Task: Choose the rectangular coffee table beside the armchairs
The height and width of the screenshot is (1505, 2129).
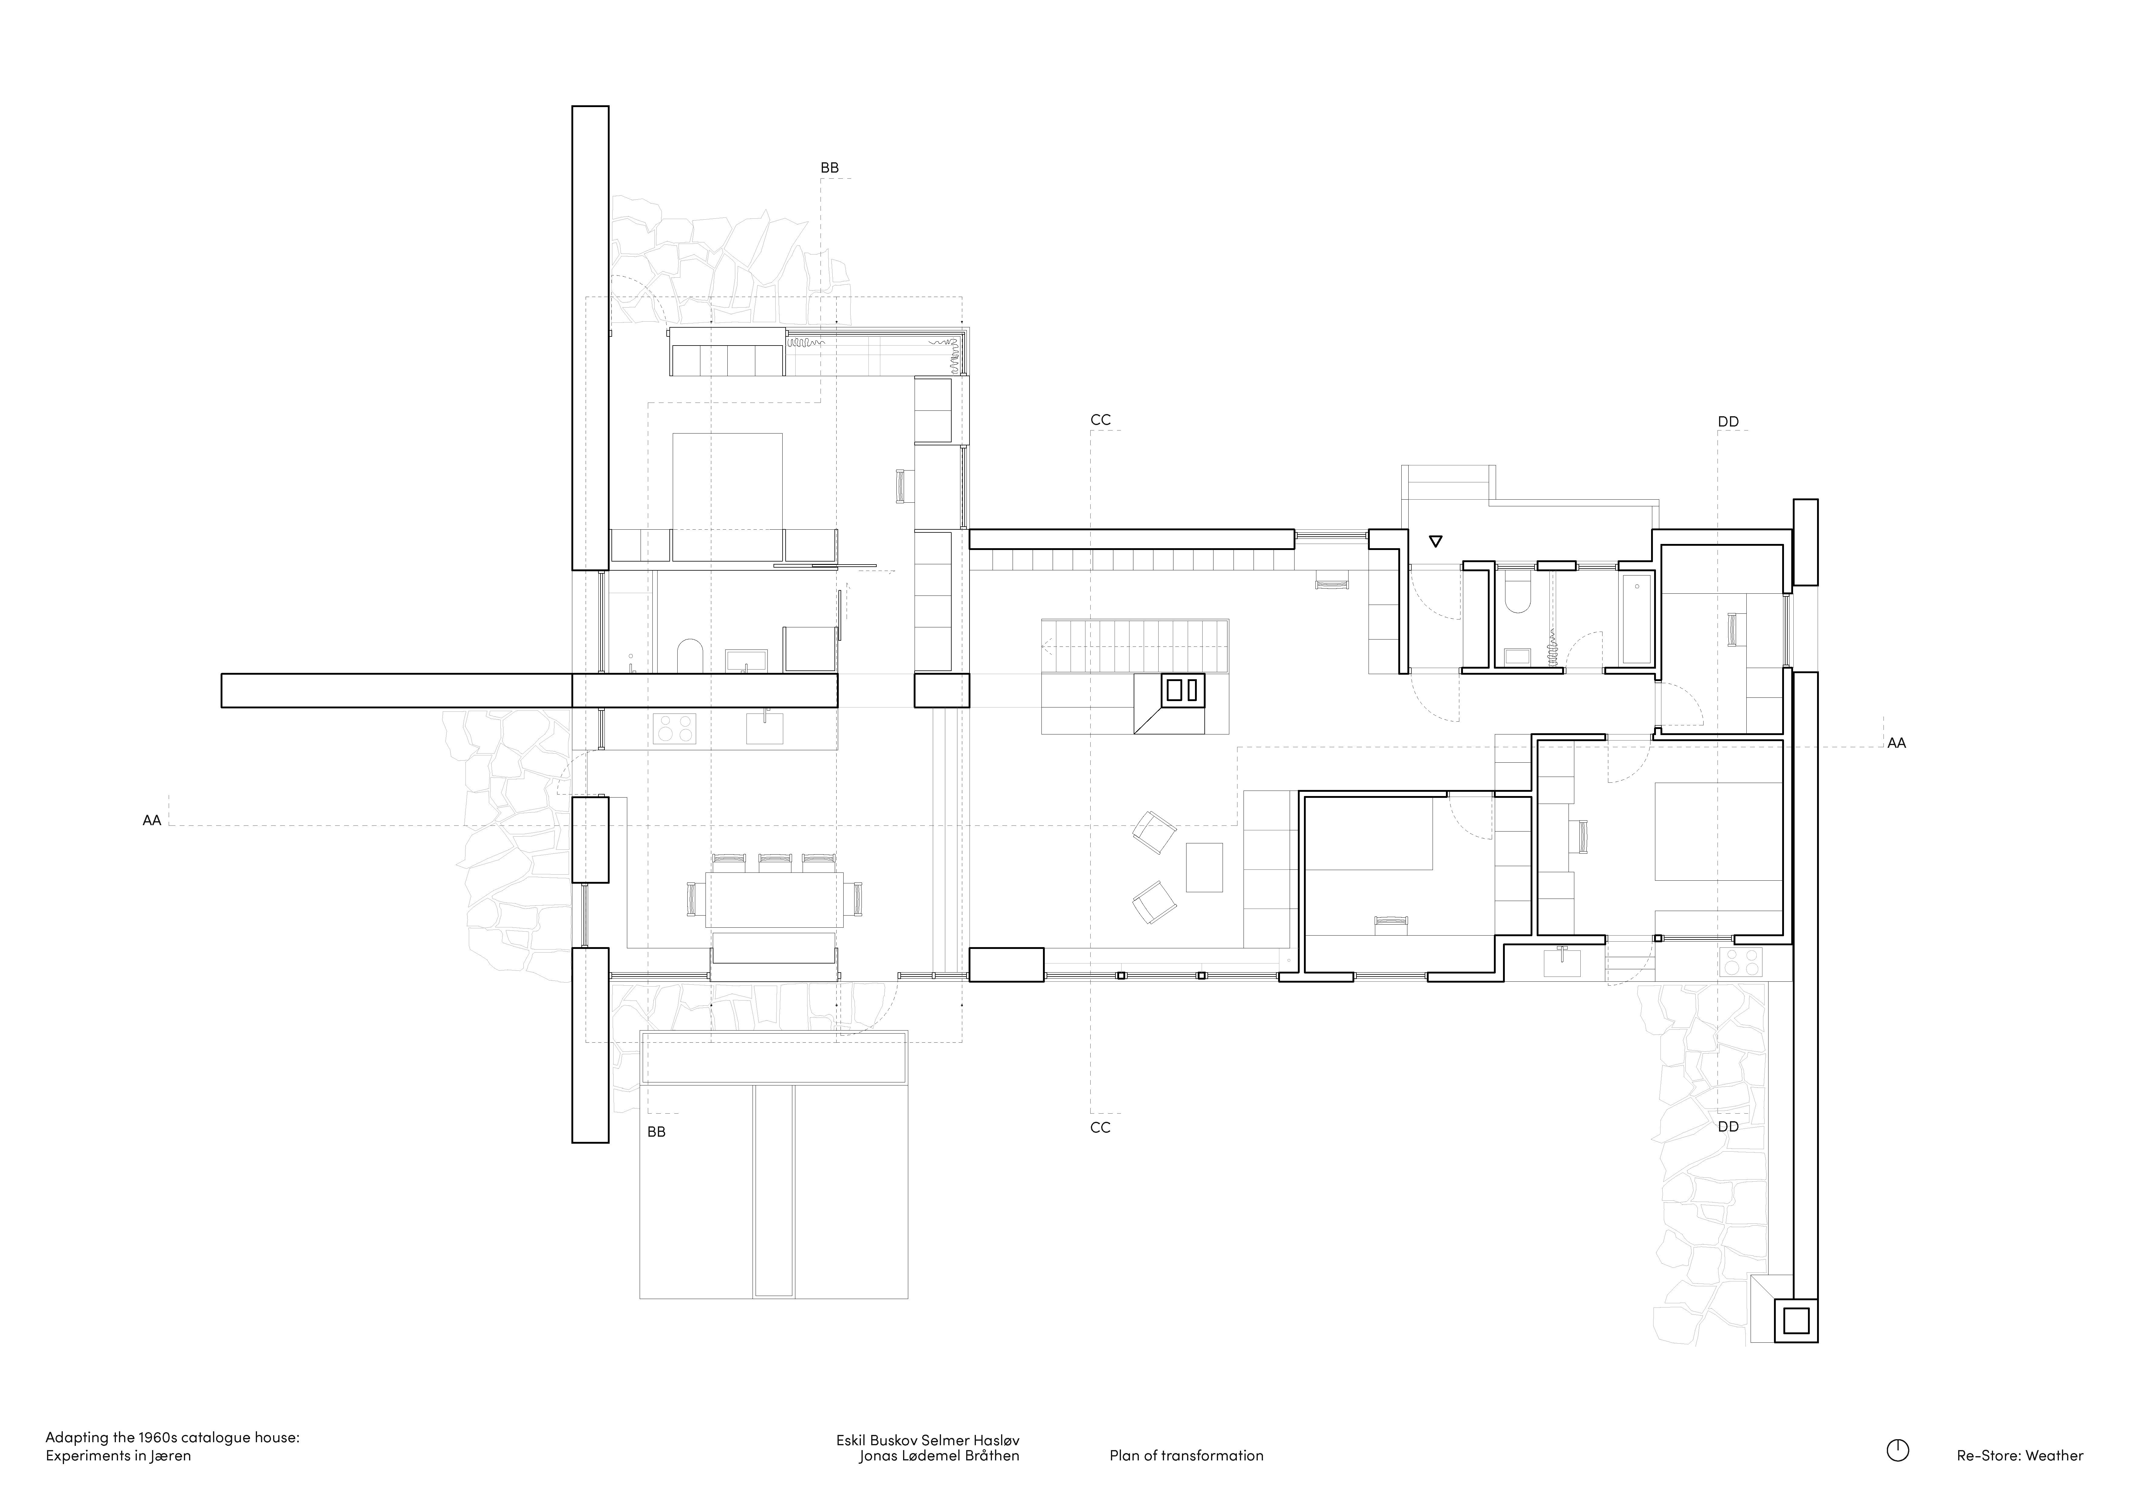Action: click(1203, 866)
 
